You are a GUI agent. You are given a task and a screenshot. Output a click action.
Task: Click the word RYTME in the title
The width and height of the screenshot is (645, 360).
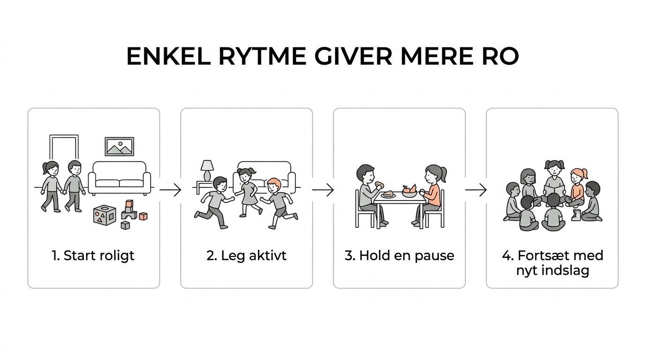(x=262, y=56)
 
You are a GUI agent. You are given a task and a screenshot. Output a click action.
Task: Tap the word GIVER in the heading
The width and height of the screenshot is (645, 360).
(x=353, y=56)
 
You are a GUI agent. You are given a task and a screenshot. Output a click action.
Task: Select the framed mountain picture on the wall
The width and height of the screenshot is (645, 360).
(x=119, y=147)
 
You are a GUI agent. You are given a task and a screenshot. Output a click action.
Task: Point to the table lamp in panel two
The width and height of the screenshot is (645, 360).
(x=207, y=170)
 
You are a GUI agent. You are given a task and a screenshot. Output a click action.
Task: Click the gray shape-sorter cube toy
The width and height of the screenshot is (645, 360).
(x=105, y=215)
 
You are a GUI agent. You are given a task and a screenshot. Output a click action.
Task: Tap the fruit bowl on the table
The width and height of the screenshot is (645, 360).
(x=409, y=192)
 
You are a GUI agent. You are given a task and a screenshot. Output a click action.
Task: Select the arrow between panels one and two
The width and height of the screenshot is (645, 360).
(x=170, y=190)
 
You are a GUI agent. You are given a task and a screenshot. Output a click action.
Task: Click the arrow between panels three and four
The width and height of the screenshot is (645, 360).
(x=476, y=190)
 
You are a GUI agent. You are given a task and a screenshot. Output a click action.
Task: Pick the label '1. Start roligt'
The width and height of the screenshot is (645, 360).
(x=93, y=256)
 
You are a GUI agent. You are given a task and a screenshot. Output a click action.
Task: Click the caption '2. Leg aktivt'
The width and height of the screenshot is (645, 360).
(x=247, y=256)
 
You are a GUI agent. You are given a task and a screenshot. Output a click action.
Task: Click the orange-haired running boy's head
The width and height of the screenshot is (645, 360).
(x=274, y=186)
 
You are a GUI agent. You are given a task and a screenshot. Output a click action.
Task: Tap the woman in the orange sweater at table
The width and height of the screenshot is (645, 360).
(x=430, y=196)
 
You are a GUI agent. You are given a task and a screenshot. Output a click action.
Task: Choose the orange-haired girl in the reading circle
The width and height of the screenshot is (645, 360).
(x=577, y=187)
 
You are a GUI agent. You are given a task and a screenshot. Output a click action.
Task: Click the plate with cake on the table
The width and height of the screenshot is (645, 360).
(x=389, y=195)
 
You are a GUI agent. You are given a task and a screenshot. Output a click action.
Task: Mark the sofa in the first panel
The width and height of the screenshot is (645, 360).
(x=119, y=178)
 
